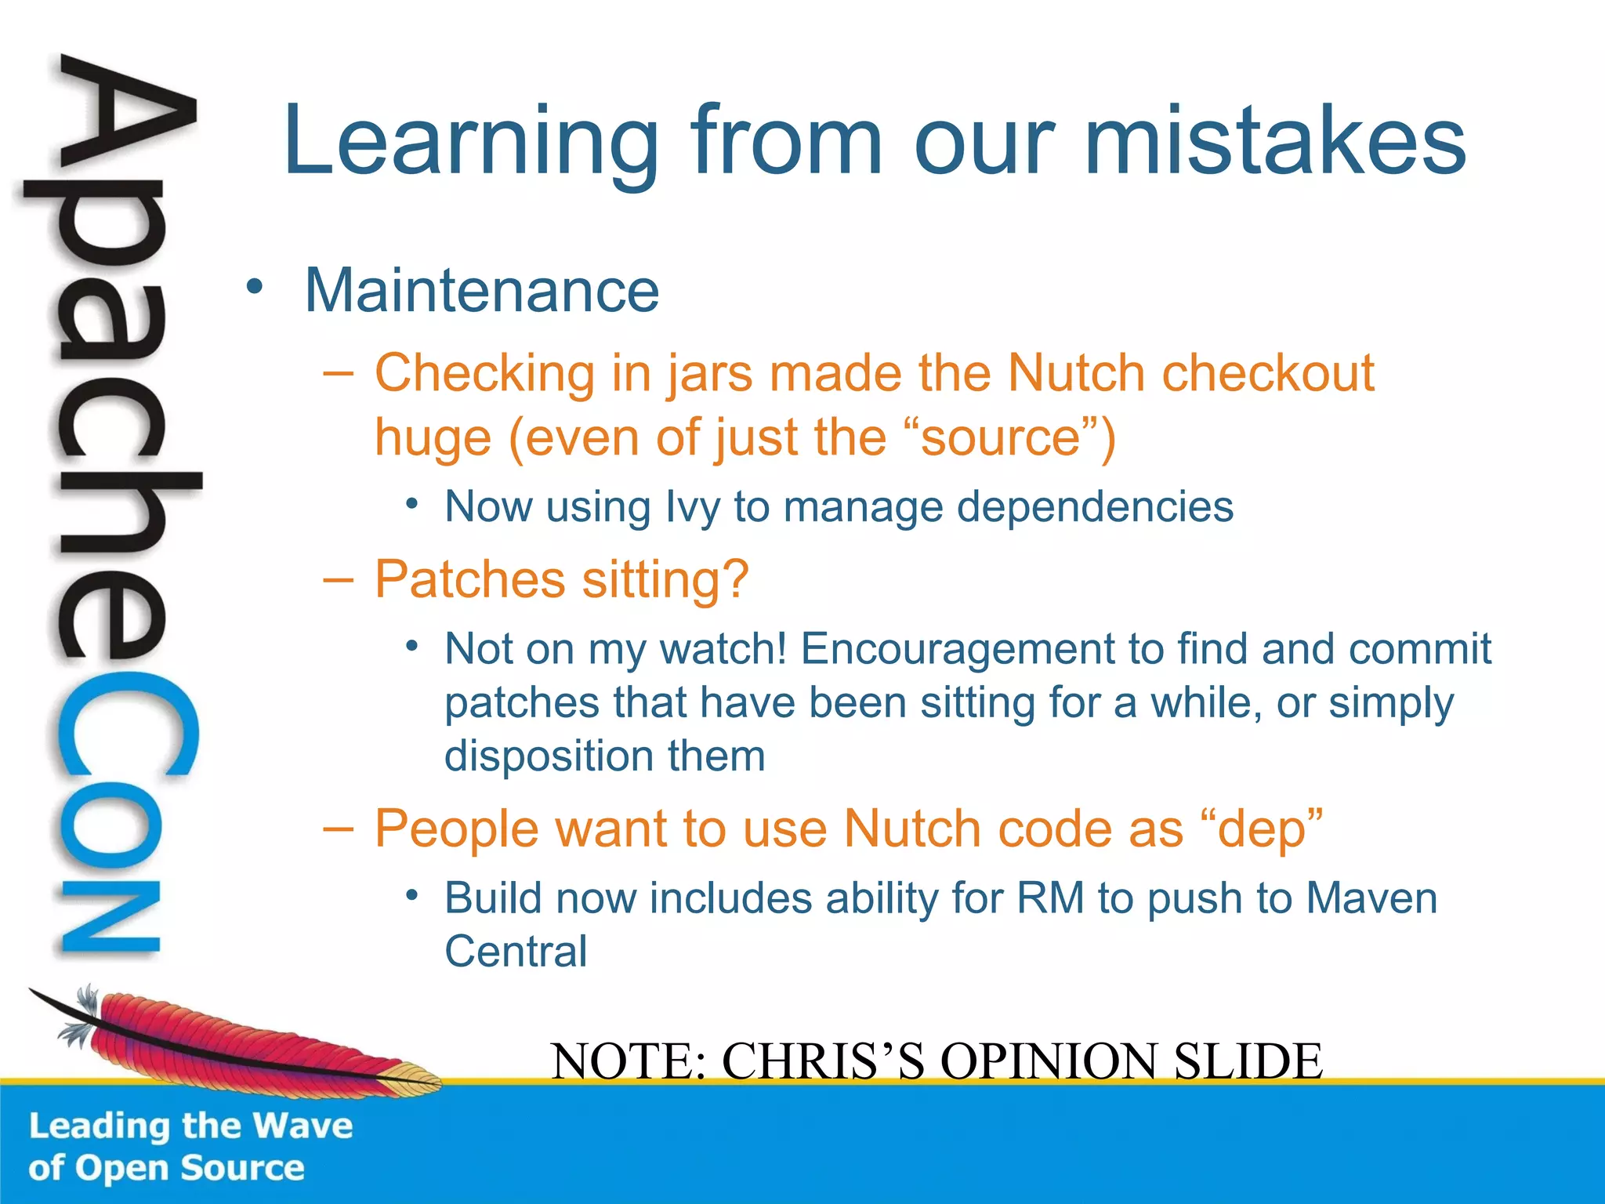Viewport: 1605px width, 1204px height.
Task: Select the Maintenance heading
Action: click(481, 291)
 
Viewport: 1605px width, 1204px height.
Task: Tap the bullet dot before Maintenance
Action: click(253, 286)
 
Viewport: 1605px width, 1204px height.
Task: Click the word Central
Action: click(516, 952)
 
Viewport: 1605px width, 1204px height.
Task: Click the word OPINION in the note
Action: click(1049, 1061)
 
